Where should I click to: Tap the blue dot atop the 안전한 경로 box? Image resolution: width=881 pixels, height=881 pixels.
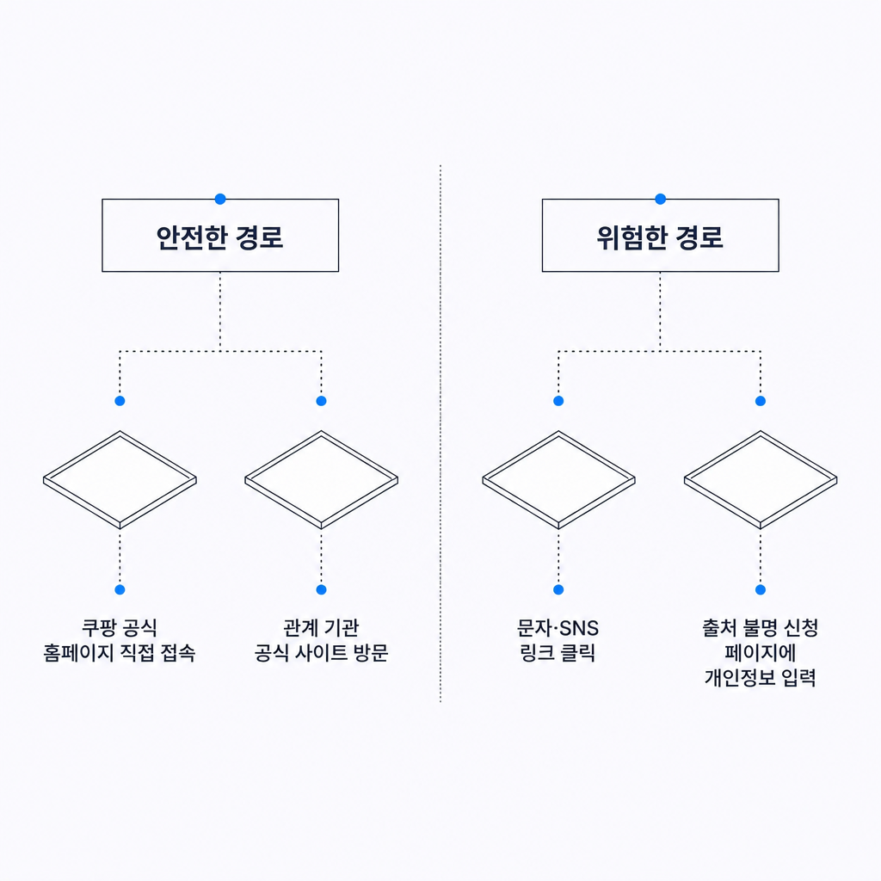(x=220, y=199)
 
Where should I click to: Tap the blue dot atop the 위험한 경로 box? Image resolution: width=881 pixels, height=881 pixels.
(x=660, y=199)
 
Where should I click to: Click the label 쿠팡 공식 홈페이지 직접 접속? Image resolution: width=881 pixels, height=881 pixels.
(x=120, y=640)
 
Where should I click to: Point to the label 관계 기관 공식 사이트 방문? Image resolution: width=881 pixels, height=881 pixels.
(x=322, y=640)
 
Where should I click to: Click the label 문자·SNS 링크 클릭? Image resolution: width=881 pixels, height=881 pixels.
(x=558, y=640)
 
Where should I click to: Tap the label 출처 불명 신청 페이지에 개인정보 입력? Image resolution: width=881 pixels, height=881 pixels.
(x=761, y=653)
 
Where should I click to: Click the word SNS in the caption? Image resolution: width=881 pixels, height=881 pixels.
(x=579, y=628)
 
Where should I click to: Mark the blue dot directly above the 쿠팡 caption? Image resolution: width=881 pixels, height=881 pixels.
(x=120, y=589)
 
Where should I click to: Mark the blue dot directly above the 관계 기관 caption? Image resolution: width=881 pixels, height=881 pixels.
(x=322, y=589)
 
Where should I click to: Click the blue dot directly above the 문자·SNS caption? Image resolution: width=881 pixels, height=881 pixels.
(x=558, y=589)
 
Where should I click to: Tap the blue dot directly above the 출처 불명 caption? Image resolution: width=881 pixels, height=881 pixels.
(x=761, y=589)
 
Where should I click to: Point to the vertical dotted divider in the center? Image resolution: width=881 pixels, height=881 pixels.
(x=440, y=434)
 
